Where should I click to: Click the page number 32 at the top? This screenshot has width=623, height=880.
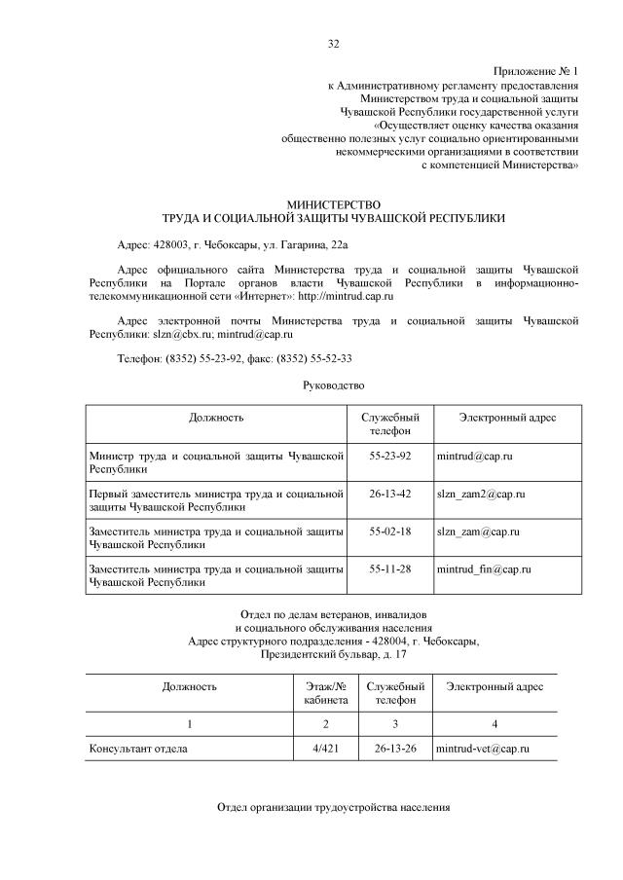pos(334,44)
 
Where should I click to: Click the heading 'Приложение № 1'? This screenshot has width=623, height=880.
pos(535,72)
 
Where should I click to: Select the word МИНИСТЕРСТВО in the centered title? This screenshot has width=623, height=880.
pos(334,204)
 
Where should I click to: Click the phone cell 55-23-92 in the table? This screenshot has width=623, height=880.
pos(390,456)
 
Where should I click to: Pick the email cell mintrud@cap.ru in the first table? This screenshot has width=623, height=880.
pos(475,456)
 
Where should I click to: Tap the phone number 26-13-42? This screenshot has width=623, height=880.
pos(390,495)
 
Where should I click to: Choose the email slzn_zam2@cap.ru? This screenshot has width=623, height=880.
pos(481,495)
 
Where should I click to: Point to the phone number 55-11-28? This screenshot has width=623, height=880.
pos(390,568)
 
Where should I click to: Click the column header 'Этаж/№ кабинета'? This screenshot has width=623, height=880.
pos(326,693)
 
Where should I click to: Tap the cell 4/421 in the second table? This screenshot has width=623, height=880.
pos(326,749)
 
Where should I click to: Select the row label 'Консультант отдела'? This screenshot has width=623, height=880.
pos(137,749)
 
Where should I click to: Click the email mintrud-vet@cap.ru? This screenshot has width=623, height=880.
pos(483,749)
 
